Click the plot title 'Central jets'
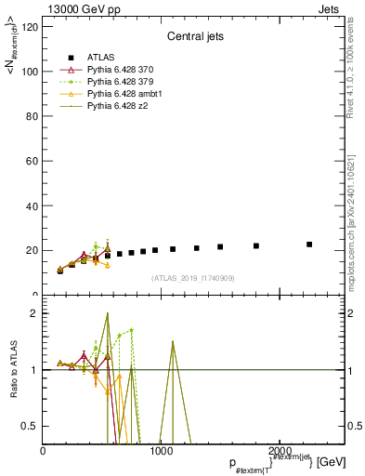pos(193,38)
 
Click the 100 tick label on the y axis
pos(29,72)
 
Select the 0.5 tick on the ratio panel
pos(30,426)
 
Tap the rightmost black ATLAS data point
pos(309,245)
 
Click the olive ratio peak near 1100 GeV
pos(173,341)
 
